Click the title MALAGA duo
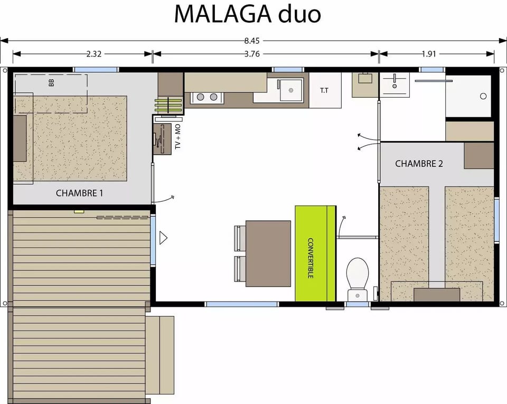(x=247, y=14)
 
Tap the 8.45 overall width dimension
(x=254, y=41)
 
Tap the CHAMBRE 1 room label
(x=79, y=193)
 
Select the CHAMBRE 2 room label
(x=419, y=164)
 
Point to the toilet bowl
(x=357, y=275)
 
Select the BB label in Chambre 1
(x=51, y=83)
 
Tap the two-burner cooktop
(x=206, y=97)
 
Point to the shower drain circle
(x=483, y=96)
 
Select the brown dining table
(x=268, y=253)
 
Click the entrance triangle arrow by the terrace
(x=163, y=238)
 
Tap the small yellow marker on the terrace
(x=79, y=211)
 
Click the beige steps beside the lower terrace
(x=159, y=355)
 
